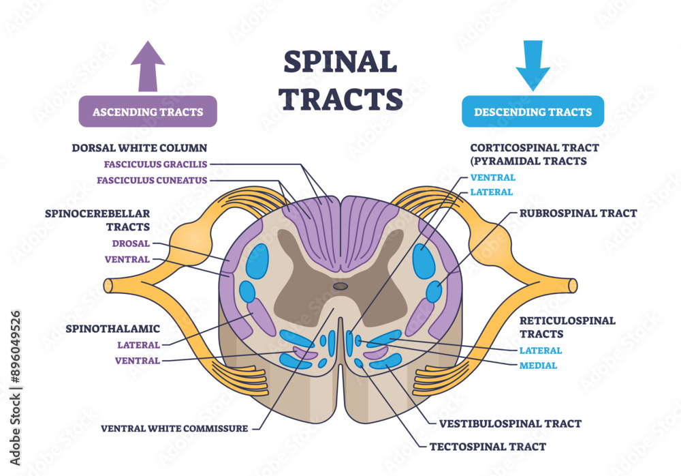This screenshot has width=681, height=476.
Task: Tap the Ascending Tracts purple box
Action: [148, 111]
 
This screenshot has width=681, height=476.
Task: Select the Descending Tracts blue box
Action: [533, 111]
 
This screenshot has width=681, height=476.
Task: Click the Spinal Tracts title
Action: [340, 80]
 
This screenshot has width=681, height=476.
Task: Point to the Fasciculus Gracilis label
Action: [155, 164]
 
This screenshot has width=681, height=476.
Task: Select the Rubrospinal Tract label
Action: [577, 213]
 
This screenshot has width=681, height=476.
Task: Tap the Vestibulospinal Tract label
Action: [510, 423]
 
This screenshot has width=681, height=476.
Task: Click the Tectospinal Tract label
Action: [487, 447]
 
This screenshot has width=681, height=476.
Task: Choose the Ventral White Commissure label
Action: [175, 429]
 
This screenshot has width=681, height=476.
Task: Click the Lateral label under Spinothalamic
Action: [138, 344]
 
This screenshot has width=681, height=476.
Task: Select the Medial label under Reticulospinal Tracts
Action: [538, 366]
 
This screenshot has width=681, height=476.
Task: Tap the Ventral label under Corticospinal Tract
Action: [492, 177]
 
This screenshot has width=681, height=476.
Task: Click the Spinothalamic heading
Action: [112, 328]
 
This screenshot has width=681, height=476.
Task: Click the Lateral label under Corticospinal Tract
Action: [491, 192]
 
